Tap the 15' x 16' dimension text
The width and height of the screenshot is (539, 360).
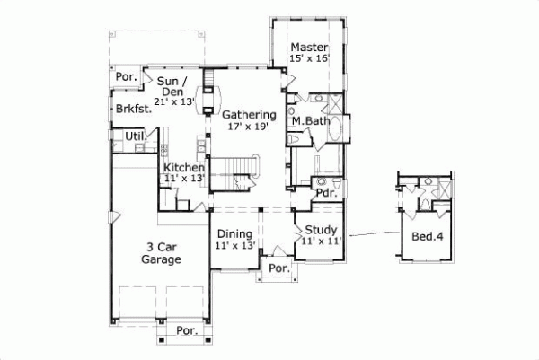click(310, 58)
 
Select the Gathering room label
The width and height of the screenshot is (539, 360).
click(248, 115)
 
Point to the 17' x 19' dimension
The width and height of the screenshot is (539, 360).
click(248, 127)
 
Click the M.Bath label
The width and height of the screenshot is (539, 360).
click(309, 120)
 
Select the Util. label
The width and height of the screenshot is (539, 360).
click(135, 136)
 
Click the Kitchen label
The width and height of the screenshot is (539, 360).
click(184, 168)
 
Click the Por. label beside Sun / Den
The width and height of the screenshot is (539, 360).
click(127, 78)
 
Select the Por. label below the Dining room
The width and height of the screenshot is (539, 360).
click(278, 268)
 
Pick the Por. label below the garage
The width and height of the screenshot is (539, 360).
click(187, 330)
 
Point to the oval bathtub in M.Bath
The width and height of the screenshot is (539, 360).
click(335, 130)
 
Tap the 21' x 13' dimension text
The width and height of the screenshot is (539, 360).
click(173, 102)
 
